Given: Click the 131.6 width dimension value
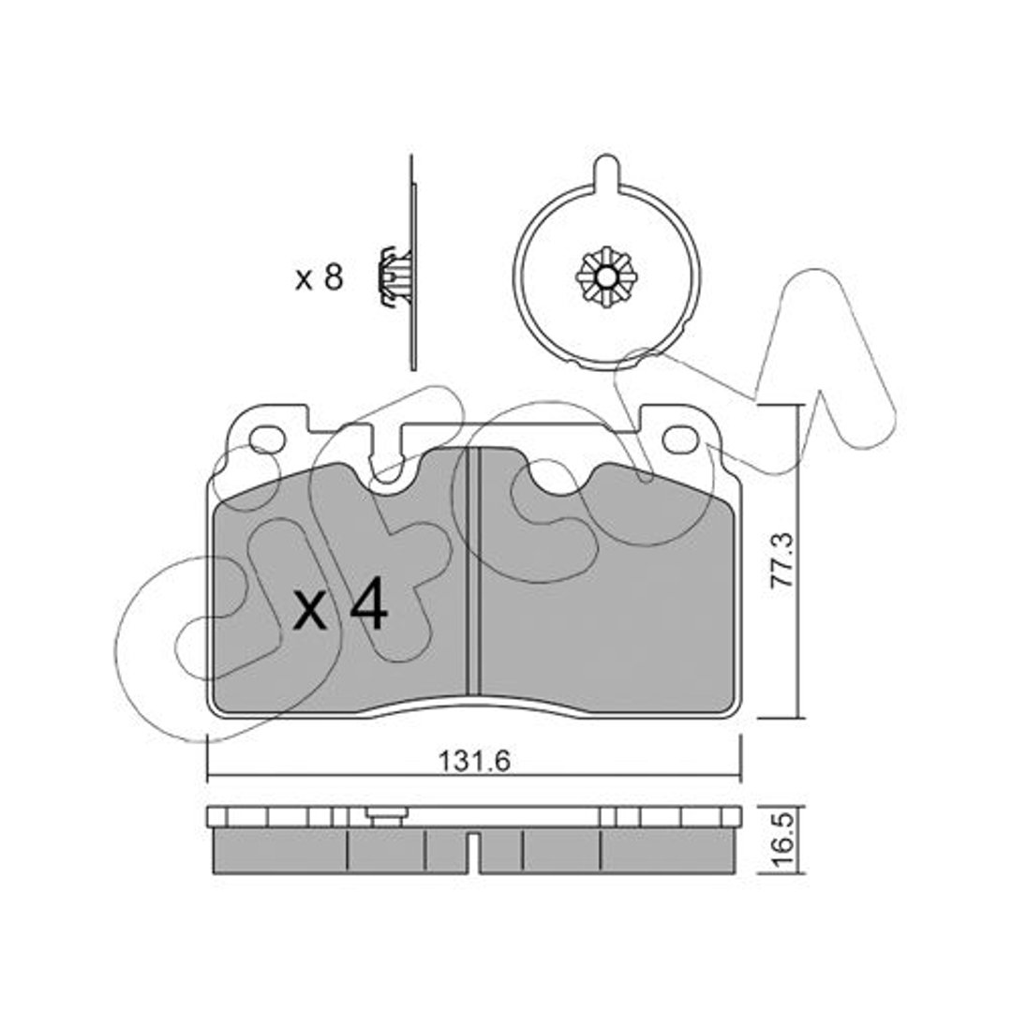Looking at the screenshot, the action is [474, 762].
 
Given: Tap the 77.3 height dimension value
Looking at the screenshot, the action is [782, 559].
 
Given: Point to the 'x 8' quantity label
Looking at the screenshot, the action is [319, 279].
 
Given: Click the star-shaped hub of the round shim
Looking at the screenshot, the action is [606, 278].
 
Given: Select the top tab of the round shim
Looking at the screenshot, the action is [606, 171].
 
